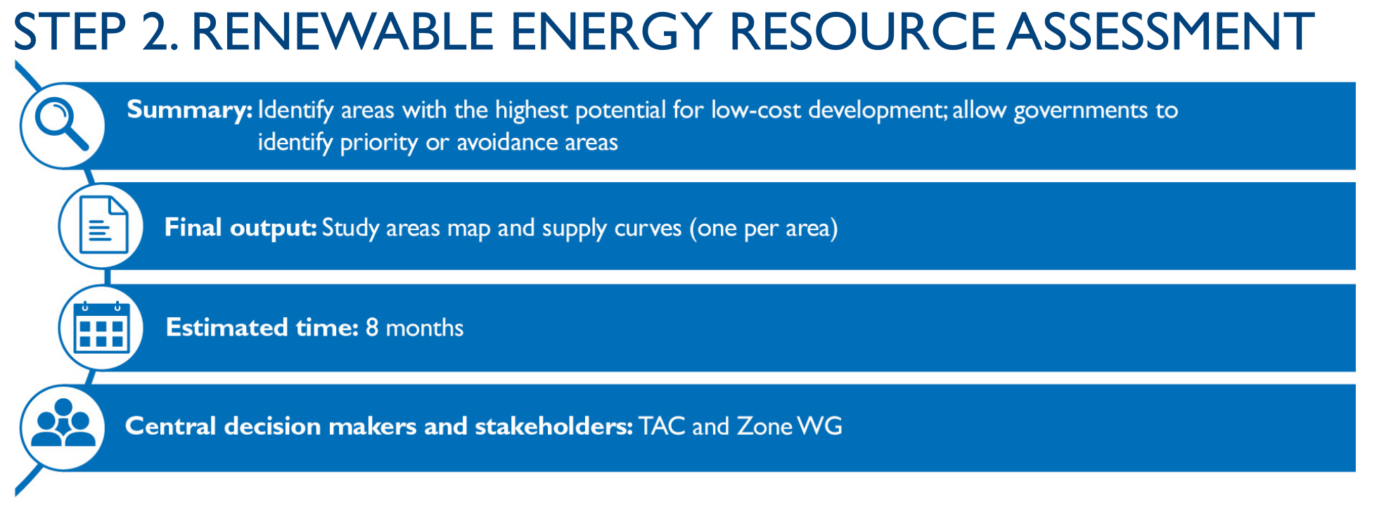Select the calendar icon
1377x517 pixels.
coord(101,327)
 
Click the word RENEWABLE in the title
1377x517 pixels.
coord(342,32)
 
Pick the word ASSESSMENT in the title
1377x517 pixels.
coord(1160,32)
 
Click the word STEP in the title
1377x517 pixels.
coord(69,32)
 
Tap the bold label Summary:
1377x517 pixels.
coord(189,110)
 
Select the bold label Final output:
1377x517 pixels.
coord(241,228)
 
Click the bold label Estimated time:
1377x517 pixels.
coord(262,328)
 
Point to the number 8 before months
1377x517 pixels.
coord(372,328)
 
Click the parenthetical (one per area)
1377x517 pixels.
coord(763,229)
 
